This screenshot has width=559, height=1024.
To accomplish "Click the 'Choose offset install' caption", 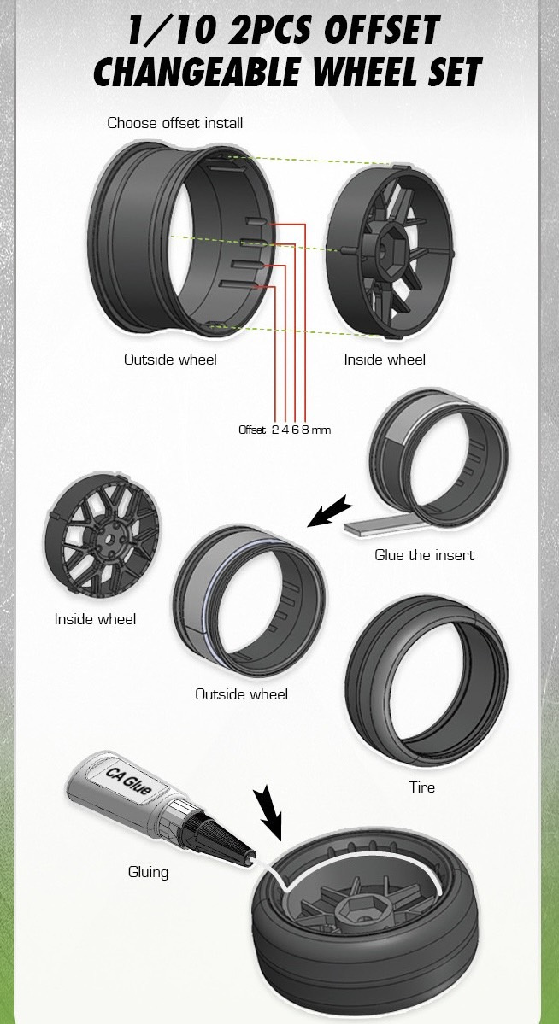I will tap(174, 123).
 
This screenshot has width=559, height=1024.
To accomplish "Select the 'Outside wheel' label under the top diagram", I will tap(170, 360).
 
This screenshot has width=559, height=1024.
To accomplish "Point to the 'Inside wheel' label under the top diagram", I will tap(385, 360).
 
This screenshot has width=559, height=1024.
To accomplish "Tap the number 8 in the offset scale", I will tap(305, 430).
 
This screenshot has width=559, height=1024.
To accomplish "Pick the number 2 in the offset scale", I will tap(274, 430).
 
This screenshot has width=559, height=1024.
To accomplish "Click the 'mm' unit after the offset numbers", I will tap(321, 430).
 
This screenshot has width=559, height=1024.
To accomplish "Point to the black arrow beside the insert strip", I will tap(327, 512).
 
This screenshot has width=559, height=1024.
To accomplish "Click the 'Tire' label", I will tap(421, 787).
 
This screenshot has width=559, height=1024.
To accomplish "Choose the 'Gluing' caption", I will tap(148, 872).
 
